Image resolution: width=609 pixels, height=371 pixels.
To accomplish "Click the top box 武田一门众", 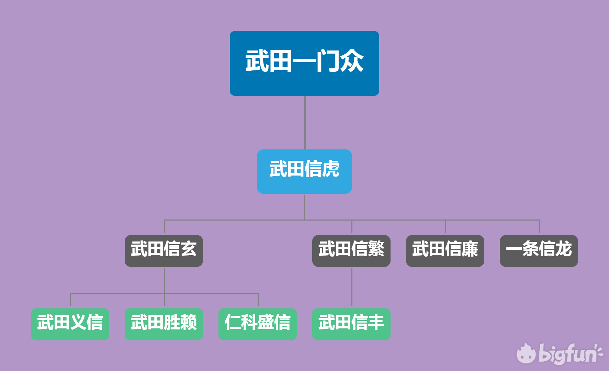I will pos(304,63).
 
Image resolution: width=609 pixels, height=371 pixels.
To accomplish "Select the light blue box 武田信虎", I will pos(304,171).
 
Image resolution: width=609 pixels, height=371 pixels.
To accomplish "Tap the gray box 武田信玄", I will pos(163,251).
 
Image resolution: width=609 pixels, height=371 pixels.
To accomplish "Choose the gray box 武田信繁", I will pos(351,251).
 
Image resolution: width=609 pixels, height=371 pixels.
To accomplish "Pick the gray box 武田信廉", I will pos(445,251).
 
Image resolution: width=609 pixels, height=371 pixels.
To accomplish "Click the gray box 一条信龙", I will pos(539,251).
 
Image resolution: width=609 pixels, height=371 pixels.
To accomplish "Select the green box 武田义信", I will pos(70,324).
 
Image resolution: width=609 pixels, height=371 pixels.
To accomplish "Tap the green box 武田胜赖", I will pos(163,324).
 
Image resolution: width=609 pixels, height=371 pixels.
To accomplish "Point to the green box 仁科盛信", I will pos(257,324).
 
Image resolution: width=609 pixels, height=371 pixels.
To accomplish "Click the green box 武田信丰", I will pos(351,324).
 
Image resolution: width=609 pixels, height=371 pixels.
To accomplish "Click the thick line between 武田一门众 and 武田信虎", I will pos(305,123).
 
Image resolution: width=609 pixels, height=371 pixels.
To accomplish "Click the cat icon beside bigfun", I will pos(526,354).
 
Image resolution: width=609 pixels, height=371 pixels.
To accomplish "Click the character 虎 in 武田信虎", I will pos(330,169).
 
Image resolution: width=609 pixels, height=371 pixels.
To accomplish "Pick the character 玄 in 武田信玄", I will pos(189,248).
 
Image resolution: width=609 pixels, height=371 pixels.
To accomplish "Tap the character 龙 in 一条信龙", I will pos(563,248).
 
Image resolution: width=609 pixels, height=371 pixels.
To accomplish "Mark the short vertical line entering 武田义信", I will pos(70,300).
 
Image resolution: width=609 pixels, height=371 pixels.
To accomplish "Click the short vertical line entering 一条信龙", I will pos(539,227).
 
